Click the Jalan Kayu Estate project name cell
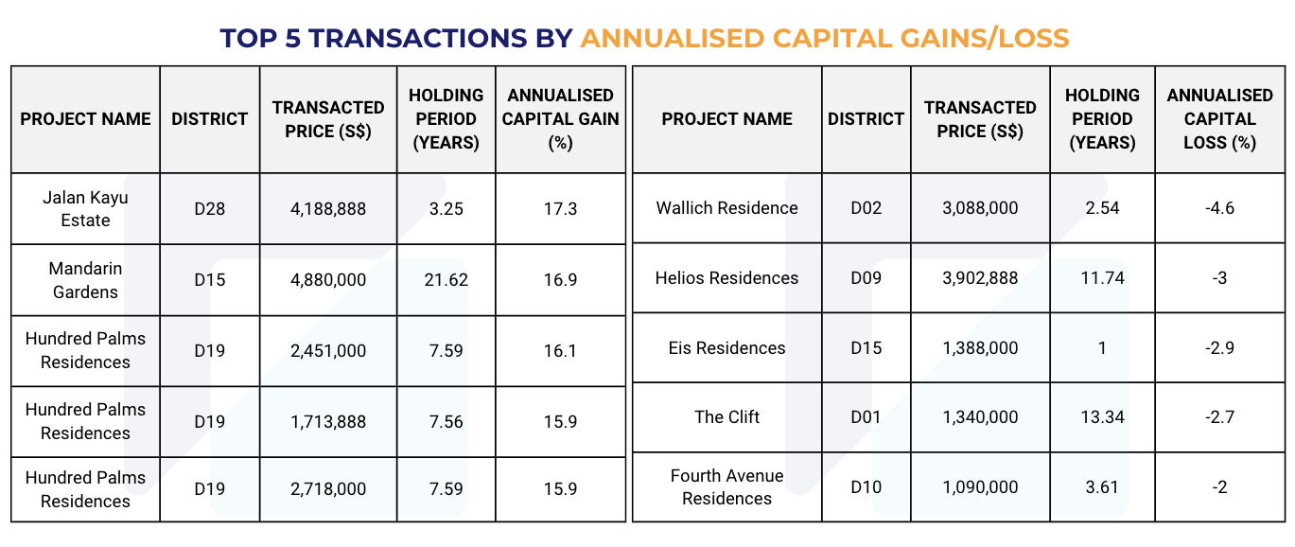coord(85,209)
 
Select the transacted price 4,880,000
coord(328,280)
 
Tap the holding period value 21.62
coord(446,280)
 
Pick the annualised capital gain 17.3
coord(560,209)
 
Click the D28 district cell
coord(209,209)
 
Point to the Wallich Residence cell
coord(726,207)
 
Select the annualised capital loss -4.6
coord(1220,207)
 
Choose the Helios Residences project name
coord(726,278)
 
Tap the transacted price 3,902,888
coord(980,278)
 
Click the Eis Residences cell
coord(726,348)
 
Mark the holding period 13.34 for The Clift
coord(1102,417)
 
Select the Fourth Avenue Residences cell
coord(726,486)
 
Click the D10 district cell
coord(866,486)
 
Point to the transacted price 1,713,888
coord(328,421)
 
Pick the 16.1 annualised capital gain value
coord(560,351)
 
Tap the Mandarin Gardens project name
coord(85,280)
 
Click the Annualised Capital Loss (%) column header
coord(1220,118)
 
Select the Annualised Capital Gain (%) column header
coord(560,118)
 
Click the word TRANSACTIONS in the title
coord(417,38)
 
